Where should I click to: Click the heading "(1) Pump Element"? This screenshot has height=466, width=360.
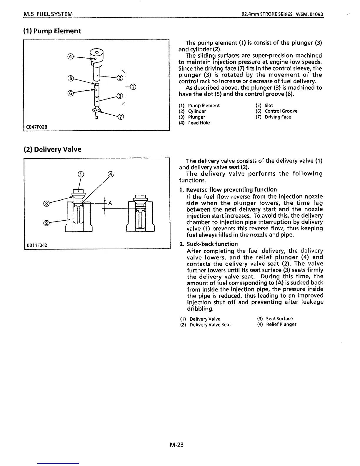[52, 31]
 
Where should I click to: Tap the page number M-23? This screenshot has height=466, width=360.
[176, 445]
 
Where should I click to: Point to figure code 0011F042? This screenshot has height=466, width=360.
[37, 245]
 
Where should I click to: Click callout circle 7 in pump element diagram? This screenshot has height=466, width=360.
[120, 117]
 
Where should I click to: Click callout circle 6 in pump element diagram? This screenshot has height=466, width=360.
[70, 94]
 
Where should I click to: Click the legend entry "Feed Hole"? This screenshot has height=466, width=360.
[199, 123]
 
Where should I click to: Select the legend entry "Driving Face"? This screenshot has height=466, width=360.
[278, 117]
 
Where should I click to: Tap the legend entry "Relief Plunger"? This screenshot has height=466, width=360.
[281, 324]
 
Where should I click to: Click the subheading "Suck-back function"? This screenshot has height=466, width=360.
[212, 244]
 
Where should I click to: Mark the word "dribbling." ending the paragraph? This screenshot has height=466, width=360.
[200, 309]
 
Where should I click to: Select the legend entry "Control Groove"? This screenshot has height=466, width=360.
[281, 111]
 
